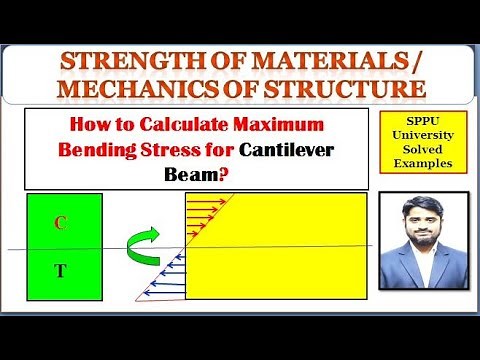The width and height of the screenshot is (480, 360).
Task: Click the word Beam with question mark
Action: tap(218, 173)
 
